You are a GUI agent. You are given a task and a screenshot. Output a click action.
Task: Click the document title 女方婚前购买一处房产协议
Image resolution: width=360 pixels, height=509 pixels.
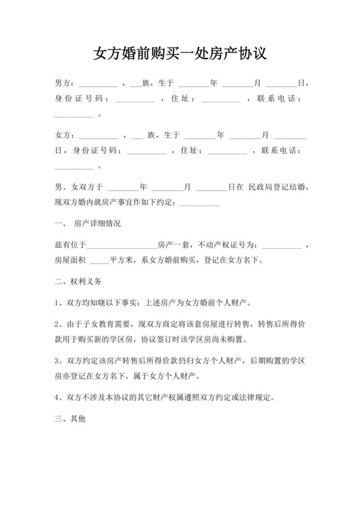pos(179,53)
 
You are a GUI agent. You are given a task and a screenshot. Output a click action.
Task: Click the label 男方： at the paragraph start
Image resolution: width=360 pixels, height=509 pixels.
pos(65,84)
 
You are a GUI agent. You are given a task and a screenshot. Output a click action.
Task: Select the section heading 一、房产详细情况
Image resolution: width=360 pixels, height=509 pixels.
pos(88,224)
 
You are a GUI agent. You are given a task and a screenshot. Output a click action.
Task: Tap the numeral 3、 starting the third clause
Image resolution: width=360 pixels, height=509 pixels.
pos(59,362)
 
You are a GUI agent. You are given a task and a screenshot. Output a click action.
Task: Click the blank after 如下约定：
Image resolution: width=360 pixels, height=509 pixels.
pos(200,204)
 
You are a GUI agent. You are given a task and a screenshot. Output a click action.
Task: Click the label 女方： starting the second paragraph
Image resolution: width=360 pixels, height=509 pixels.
pos(65,136)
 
